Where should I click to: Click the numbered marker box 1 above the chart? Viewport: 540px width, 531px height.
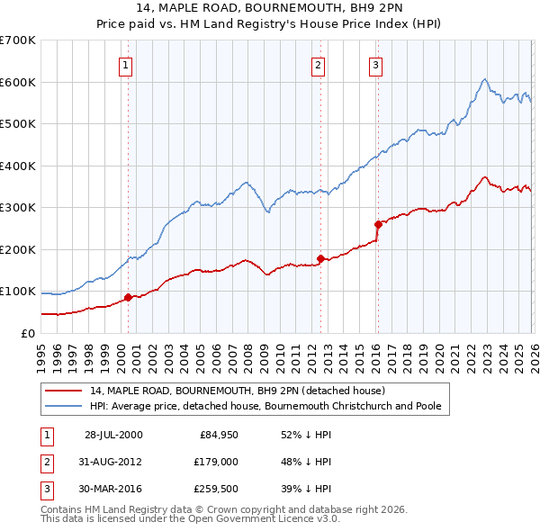[x=127, y=64]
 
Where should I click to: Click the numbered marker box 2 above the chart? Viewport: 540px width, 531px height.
[x=319, y=64]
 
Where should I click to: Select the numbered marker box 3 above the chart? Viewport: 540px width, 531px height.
[x=375, y=64]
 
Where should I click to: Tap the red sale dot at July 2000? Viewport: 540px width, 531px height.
[x=128, y=297]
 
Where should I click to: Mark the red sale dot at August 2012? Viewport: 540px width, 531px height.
[x=320, y=258]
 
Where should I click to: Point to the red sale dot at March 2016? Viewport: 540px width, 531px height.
[x=377, y=224]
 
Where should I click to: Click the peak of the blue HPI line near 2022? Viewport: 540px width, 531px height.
[x=484, y=79]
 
